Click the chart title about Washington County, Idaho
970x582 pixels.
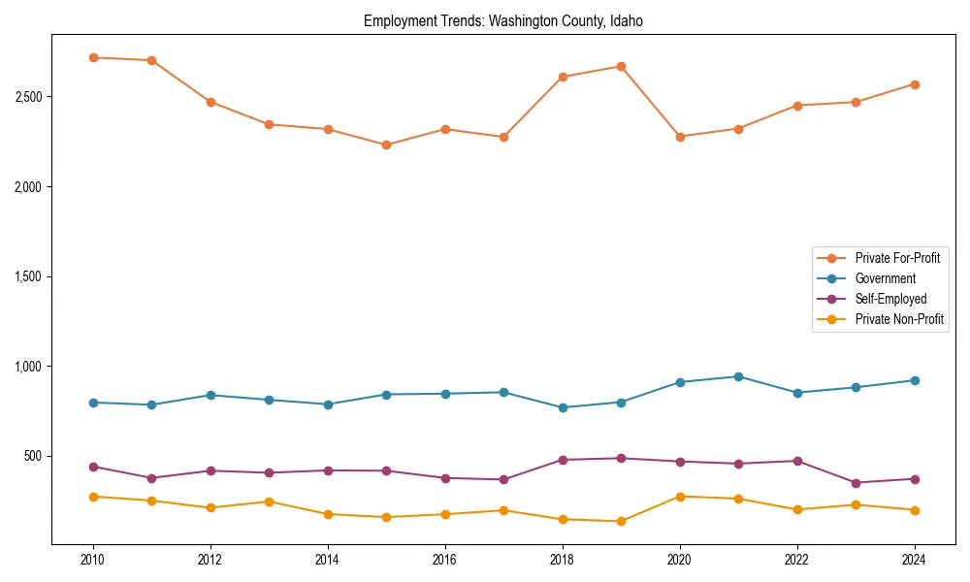pyautogui.click(x=502, y=20)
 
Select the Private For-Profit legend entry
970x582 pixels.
pyautogui.click(x=897, y=258)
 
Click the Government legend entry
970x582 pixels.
pyautogui.click(x=885, y=278)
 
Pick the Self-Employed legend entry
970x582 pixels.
pyautogui.click(x=890, y=299)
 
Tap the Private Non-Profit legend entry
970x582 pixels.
pyautogui.click(x=899, y=319)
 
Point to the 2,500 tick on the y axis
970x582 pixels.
pyautogui.click(x=28, y=97)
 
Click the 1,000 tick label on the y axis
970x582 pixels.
pyautogui.click(x=28, y=367)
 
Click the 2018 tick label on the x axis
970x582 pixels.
pyautogui.click(x=563, y=560)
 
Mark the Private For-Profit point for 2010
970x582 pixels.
pyautogui.click(x=93, y=57)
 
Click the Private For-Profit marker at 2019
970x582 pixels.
pyautogui.click(x=621, y=66)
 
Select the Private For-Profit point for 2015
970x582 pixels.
pyautogui.click(x=386, y=145)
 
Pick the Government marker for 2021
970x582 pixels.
pyautogui.click(x=738, y=376)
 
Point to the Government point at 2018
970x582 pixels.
pyautogui.click(x=563, y=407)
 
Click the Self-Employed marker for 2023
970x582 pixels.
pyautogui.click(x=856, y=483)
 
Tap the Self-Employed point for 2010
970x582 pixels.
pyautogui.click(x=93, y=467)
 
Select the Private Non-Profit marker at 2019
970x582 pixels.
pyautogui.click(x=621, y=521)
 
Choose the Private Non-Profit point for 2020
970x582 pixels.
pyautogui.click(x=680, y=497)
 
